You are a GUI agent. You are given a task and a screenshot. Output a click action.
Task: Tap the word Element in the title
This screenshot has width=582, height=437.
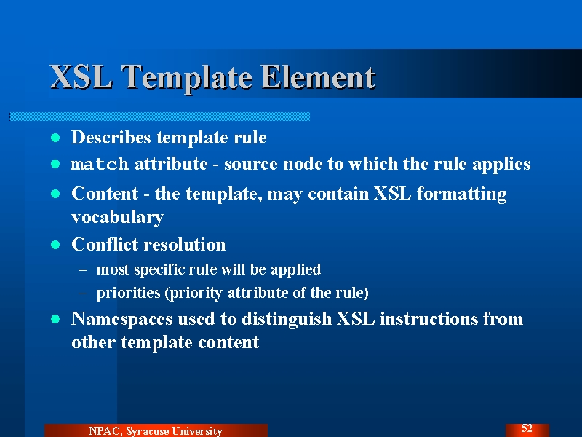pos(318,76)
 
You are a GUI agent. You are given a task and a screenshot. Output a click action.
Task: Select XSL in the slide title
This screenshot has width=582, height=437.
pos(81,76)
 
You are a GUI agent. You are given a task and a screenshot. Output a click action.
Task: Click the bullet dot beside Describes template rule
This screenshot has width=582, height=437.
pos(55,138)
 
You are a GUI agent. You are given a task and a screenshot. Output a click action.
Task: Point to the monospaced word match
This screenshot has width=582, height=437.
pos(100,164)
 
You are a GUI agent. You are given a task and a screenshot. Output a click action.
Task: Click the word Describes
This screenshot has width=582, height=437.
pos(111,137)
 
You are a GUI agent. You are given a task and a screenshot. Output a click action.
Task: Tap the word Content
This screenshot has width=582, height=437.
pos(105,194)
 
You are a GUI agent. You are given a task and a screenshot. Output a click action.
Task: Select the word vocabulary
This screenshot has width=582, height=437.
pos(117,217)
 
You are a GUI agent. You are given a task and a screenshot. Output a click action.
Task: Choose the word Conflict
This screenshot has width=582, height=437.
pos(105,245)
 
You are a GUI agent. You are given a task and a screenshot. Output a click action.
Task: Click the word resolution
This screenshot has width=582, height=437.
pos(185,245)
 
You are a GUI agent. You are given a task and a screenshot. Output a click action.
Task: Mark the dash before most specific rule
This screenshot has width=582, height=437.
pos(82,270)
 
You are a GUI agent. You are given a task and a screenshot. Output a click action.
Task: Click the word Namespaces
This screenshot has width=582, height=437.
pos(121,320)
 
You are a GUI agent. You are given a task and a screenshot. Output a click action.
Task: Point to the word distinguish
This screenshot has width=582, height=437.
pos(287,320)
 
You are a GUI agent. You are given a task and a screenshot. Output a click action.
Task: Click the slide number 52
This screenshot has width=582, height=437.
pos(527,428)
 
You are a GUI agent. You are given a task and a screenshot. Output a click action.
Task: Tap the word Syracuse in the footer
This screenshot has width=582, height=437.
pos(148,431)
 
